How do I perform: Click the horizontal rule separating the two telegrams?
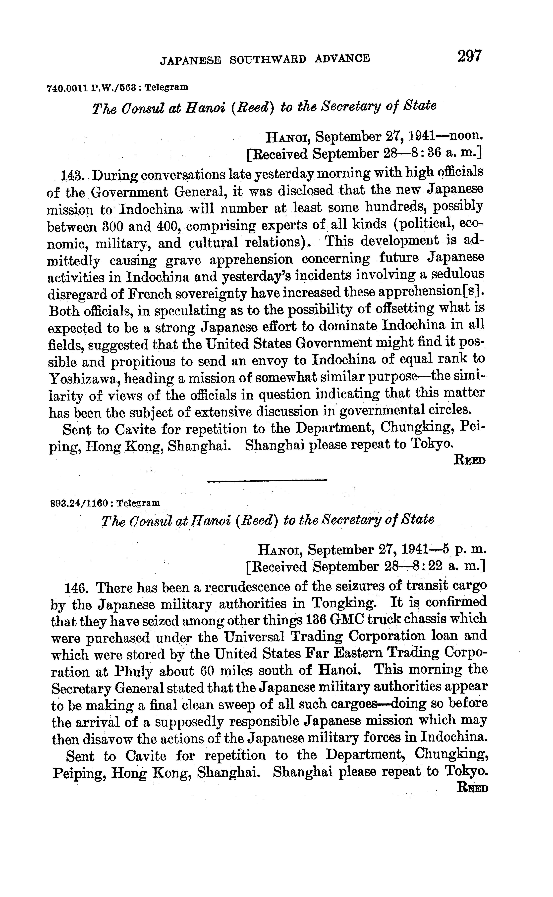pos(267,480)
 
